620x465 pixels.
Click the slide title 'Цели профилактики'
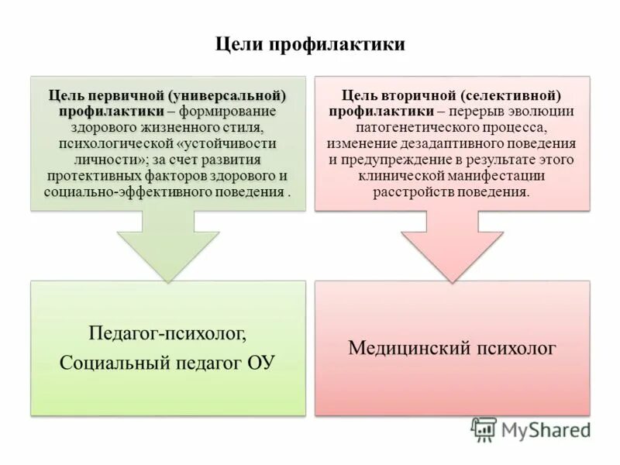coord(309,45)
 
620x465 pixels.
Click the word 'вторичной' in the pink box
coord(415,95)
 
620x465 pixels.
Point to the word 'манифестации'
coord(515,176)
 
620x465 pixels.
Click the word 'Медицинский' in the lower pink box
coord(408,348)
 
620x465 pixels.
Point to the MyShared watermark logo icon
coord(484,429)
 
